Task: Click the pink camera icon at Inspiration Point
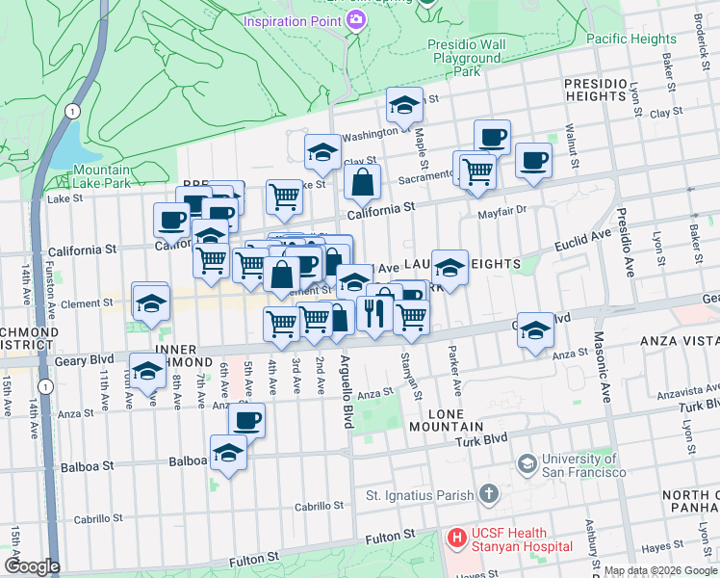(x=355, y=20)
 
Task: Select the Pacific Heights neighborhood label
(x=630, y=39)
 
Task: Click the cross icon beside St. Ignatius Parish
(x=489, y=495)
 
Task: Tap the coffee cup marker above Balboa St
(x=246, y=420)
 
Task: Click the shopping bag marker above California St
(x=362, y=181)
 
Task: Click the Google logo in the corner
(x=33, y=566)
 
